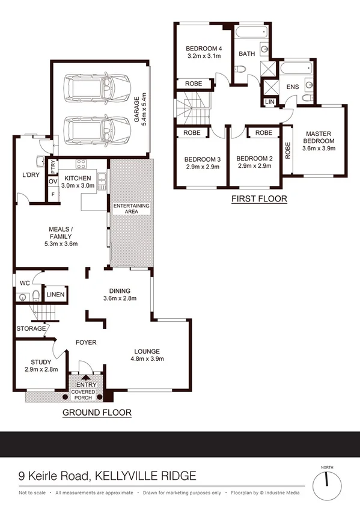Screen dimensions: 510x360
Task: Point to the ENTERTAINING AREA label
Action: [131, 210]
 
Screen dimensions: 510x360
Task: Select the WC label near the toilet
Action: [25, 282]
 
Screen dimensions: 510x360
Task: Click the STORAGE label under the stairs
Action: [31, 329]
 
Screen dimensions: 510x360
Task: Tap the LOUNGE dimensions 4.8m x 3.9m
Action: [147, 359]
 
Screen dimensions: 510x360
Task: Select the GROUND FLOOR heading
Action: [97, 413]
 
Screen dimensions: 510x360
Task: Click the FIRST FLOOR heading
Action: [259, 198]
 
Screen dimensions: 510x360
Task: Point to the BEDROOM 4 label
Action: [204, 49]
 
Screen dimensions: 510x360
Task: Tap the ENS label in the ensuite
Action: [292, 88]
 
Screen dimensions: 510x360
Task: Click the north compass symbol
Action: [327, 479]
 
